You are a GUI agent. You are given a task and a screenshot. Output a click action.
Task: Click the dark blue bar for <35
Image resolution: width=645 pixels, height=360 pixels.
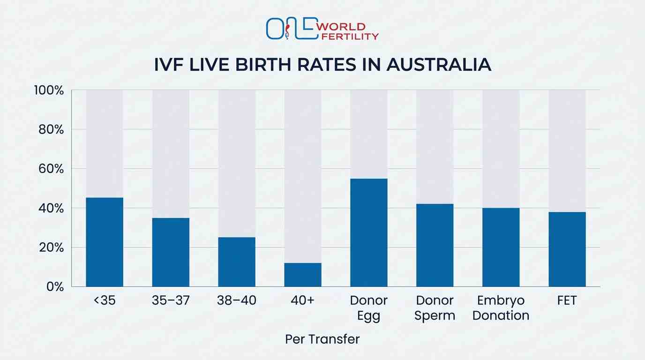(105, 242)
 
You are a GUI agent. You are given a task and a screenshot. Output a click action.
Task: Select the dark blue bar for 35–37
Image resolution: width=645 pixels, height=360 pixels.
(171, 252)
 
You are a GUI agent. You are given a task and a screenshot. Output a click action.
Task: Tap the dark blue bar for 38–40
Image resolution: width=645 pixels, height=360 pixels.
(237, 262)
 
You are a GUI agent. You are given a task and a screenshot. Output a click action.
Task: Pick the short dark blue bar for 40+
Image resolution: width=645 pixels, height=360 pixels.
(303, 275)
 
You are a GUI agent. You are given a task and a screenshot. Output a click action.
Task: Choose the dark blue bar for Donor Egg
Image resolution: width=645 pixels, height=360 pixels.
(369, 232)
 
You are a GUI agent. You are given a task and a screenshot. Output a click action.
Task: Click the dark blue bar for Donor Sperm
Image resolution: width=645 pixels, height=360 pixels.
(435, 245)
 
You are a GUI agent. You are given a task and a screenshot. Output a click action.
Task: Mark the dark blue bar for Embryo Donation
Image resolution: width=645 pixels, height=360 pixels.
(501, 247)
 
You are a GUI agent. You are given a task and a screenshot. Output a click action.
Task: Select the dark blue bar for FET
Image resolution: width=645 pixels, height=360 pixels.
(567, 249)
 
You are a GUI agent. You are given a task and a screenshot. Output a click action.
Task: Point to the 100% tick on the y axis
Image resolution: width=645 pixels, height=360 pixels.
(49, 90)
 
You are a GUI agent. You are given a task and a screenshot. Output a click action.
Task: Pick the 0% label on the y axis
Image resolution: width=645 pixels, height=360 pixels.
(54, 286)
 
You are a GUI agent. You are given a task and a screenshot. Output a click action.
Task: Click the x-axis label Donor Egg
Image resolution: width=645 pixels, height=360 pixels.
(369, 308)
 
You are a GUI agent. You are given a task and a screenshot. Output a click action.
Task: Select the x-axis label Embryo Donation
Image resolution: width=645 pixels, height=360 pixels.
(501, 308)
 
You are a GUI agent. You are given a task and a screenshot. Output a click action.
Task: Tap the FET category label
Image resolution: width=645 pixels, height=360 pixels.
(567, 300)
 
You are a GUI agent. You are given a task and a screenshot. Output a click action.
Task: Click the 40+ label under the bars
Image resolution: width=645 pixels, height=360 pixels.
(302, 300)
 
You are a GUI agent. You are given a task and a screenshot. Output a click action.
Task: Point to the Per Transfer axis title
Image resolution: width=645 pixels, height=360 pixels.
(322, 339)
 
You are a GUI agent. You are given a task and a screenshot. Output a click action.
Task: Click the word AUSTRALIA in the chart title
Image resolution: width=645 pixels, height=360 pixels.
(439, 65)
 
